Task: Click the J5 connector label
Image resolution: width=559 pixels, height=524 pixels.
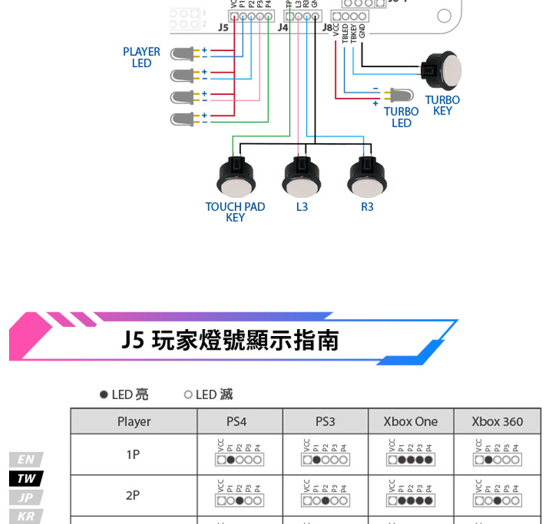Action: coord(223,28)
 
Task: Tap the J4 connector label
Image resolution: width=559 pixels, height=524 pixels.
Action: coord(282,28)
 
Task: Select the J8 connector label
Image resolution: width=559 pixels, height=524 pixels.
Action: coord(327,28)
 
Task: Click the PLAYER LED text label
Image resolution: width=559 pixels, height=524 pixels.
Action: coord(141,57)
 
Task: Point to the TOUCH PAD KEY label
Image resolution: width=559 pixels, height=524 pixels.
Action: coord(235,212)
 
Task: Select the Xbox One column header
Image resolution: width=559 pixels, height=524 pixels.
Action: coord(410,421)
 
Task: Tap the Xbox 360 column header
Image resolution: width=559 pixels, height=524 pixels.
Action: coord(497,421)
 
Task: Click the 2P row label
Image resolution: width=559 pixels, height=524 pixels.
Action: coord(133,495)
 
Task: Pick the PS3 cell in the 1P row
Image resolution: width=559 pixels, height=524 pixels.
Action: coord(325,454)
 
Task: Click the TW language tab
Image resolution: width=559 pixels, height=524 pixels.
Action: coord(26,479)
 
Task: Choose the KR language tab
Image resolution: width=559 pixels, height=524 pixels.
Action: coord(26,516)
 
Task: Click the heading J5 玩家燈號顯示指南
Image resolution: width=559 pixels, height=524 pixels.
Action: coord(230,340)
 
